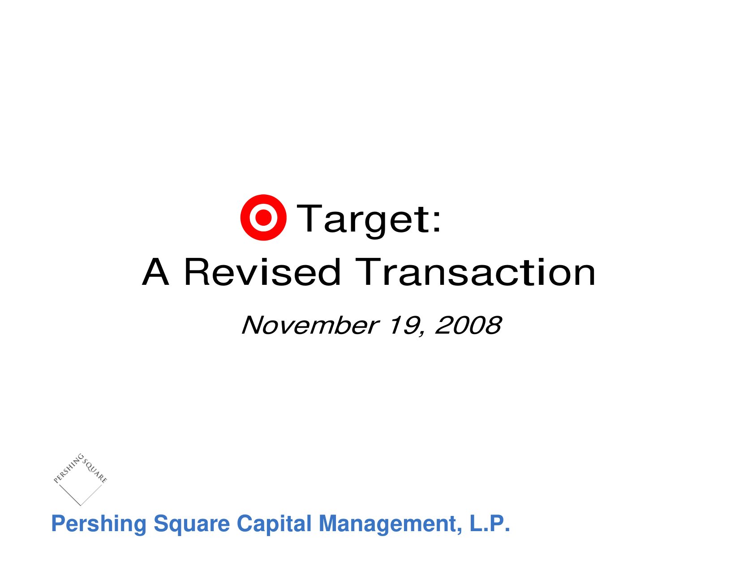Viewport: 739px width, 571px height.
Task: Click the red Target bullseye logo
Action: click(x=263, y=218)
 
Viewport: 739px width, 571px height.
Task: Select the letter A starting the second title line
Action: click(x=155, y=272)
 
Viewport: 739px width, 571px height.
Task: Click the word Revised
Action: click(x=262, y=272)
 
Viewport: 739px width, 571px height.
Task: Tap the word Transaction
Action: click(x=475, y=272)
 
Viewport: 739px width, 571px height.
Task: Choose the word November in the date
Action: click(x=310, y=326)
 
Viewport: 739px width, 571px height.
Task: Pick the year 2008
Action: click(x=468, y=325)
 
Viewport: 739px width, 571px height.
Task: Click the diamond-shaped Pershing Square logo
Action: click(x=80, y=479)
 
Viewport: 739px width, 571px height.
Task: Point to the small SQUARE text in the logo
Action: click(x=95, y=471)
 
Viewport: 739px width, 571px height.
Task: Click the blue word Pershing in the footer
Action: click(x=99, y=524)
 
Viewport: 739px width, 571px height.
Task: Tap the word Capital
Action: click(x=274, y=524)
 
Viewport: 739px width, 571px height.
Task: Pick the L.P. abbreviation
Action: click(x=490, y=524)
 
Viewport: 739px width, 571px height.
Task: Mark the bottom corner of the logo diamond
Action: click(x=80, y=506)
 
